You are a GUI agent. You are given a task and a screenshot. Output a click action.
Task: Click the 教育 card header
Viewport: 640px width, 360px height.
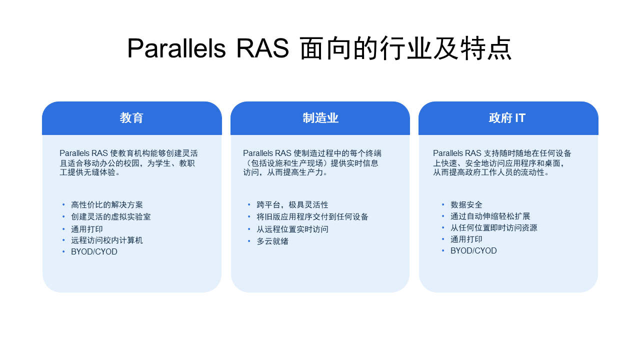[x=131, y=118]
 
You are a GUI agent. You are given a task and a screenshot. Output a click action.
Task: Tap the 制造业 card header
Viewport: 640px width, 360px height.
[x=320, y=118]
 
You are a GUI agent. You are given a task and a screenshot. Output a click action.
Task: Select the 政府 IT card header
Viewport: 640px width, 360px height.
[x=507, y=118]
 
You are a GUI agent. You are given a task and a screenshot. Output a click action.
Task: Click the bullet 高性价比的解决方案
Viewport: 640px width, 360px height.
[x=107, y=205]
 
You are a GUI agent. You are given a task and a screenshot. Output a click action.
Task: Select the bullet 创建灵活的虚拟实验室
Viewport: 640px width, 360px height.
[x=111, y=216]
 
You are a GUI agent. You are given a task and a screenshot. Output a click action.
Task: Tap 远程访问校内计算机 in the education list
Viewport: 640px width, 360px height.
[x=107, y=240]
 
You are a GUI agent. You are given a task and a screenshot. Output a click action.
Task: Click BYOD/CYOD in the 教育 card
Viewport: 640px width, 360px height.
[x=94, y=251]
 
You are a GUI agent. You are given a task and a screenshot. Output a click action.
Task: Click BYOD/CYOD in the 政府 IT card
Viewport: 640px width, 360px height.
[x=473, y=250]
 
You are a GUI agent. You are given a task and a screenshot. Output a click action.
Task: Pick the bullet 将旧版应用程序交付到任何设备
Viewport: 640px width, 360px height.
[x=312, y=216]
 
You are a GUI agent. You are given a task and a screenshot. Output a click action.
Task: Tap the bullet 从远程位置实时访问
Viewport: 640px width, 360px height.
[x=292, y=229]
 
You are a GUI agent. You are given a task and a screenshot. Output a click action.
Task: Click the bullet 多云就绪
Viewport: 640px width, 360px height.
[x=272, y=241]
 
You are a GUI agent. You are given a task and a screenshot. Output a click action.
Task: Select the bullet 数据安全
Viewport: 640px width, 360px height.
[x=466, y=205]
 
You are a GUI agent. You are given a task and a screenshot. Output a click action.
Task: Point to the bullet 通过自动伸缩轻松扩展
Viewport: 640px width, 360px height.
[x=490, y=216]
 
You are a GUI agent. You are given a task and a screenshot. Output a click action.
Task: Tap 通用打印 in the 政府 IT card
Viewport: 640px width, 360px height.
[x=466, y=239]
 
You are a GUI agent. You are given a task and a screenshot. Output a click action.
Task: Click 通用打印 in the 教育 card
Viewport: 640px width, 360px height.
[x=87, y=229]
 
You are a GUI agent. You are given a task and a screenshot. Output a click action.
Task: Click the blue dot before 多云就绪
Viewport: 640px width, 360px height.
[x=249, y=241]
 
